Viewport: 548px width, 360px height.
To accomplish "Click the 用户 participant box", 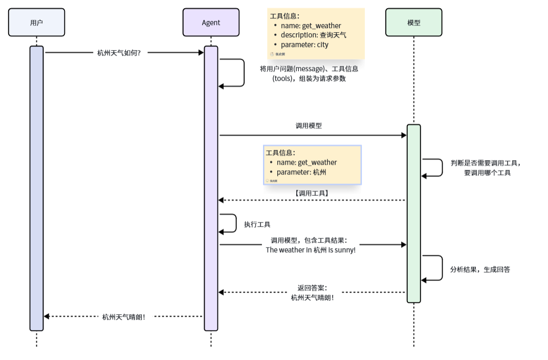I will pos(36,22).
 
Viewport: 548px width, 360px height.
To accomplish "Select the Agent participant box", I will pos(211,22).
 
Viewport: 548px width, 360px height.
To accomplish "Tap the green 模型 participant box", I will pos(413,22).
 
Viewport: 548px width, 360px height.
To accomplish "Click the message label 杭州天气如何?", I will pos(119,52).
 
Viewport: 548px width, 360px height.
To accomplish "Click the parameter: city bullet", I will pos(304,44).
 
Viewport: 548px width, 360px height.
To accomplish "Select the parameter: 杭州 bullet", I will pos(301,172).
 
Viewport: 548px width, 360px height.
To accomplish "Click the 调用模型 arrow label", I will pos(309,125).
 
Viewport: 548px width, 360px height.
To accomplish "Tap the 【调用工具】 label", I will pos(312,193).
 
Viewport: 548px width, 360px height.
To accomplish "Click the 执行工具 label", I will pos(257,224).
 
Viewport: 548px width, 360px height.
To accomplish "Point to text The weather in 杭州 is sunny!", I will pos(311,250).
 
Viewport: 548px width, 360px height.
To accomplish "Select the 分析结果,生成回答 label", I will pos(480,269).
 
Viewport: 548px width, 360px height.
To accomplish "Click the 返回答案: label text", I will pos(312,287).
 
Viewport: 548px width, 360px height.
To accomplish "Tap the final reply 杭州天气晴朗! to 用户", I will pos(124,317).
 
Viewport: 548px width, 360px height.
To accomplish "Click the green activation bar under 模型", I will pos(413,215).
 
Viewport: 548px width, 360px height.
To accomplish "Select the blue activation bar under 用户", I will pos(36,189).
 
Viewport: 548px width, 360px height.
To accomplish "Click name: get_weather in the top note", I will pos(311,26).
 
